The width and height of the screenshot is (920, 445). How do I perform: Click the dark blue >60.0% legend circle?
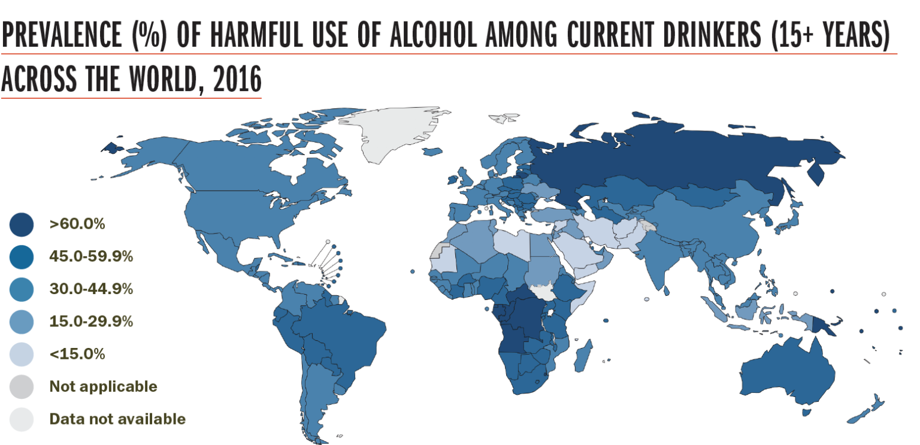tap(21, 225)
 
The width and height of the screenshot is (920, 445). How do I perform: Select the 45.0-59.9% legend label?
tap(91, 257)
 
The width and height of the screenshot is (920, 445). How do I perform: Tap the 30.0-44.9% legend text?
tap(91, 289)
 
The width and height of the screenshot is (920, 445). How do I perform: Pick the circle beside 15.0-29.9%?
tap(21, 322)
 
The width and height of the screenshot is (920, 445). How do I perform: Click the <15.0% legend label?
tap(77, 354)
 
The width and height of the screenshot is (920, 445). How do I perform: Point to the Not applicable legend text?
tap(103, 386)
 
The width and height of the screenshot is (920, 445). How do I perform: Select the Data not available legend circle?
tap(21, 419)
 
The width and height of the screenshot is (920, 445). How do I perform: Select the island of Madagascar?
tap(583, 355)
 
